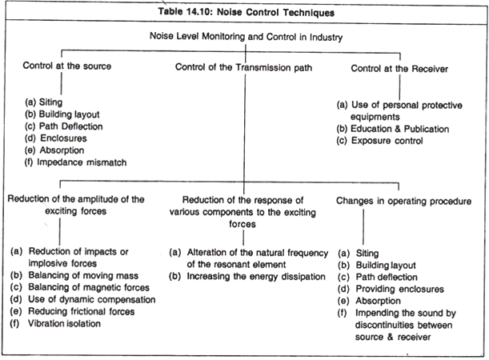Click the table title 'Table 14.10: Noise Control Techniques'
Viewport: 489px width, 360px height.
(x=246, y=12)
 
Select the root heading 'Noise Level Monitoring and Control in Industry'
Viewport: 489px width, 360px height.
(x=246, y=37)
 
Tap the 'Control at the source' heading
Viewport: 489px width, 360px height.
(x=66, y=66)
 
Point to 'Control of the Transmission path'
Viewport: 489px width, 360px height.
(x=243, y=67)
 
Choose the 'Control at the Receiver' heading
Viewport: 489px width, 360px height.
(x=399, y=69)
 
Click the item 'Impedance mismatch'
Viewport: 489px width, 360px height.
(x=82, y=162)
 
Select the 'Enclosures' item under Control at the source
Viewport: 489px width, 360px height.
(x=63, y=138)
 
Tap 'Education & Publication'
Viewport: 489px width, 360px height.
(x=400, y=129)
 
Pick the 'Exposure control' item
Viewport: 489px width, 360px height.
(x=387, y=141)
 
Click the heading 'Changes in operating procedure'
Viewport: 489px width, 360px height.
(x=403, y=201)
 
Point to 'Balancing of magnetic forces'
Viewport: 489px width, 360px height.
(x=89, y=287)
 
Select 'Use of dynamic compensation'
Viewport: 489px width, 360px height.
(x=92, y=299)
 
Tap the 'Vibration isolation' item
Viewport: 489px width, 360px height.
(x=64, y=323)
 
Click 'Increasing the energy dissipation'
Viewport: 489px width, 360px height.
(x=256, y=277)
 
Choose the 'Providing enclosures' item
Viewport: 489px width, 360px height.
(x=400, y=289)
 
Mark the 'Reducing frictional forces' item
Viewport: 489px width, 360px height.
(x=82, y=311)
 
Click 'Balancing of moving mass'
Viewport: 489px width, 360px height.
(x=83, y=275)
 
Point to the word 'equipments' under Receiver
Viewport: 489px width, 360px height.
(x=375, y=117)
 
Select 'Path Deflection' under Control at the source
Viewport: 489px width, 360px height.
(x=70, y=126)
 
